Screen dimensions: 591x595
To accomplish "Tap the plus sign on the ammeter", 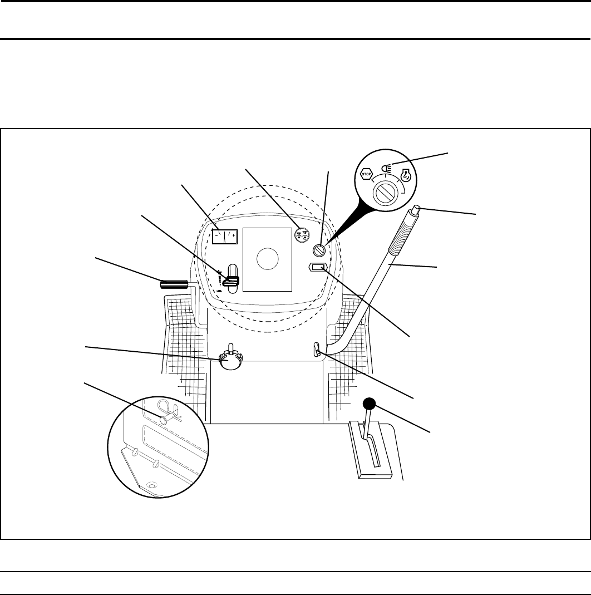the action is click(x=233, y=236).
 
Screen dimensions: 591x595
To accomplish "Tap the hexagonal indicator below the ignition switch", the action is click(x=318, y=268).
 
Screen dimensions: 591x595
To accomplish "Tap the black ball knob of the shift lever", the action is click(x=370, y=404).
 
